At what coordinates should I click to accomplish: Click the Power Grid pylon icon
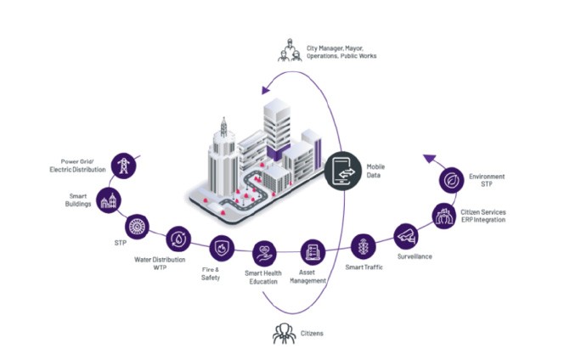point(122,165)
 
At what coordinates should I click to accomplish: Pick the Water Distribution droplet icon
point(178,239)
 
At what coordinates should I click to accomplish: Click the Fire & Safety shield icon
point(218,248)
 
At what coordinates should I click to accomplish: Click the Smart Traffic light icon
point(364,247)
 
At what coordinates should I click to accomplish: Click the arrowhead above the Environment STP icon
point(429,158)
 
